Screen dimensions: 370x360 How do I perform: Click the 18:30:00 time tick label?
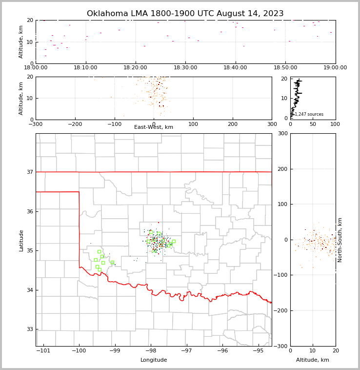[185, 68]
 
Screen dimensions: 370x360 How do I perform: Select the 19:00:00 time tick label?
[335, 68]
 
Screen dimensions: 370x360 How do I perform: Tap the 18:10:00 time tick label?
[85, 68]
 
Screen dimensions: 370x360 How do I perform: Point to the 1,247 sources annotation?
[309, 114]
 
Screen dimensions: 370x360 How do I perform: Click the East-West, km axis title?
[154, 127]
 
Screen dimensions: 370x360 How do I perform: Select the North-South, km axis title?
[340, 240]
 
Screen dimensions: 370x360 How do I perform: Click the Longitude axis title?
[154, 360]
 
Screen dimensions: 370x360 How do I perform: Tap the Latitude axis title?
[21, 240]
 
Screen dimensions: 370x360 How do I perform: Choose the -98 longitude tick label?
[150, 351]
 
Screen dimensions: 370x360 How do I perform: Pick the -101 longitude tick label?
[43, 351]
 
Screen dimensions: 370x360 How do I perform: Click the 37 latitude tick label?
[29, 172]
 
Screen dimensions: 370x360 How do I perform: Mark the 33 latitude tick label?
[29, 329]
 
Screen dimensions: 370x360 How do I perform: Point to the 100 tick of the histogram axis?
[335, 124]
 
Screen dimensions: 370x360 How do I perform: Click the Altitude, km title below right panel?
[313, 360]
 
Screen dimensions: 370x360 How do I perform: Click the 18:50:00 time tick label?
[285, 68]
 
